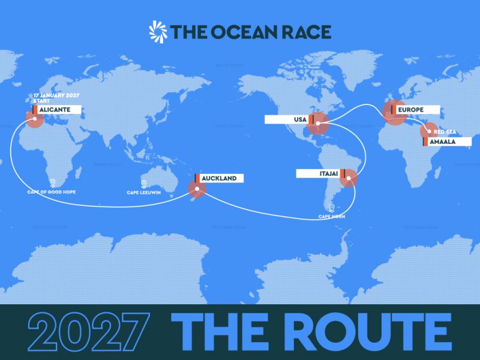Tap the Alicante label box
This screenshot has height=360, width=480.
(x=55, y=110)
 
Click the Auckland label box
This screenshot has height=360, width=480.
(x=218, y=178)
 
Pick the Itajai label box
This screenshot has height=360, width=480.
(x=319, y=173)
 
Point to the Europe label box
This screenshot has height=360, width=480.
(x=414, y=110)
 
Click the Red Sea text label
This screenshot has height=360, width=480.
(x=446, y=130)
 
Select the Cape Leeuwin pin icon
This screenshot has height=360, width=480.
(x=143, y=184)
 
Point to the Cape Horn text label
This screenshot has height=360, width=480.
(x=332, y=218)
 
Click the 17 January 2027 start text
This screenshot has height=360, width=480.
(x=57, y=98)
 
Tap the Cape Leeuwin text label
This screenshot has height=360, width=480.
(x=143, y=193)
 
